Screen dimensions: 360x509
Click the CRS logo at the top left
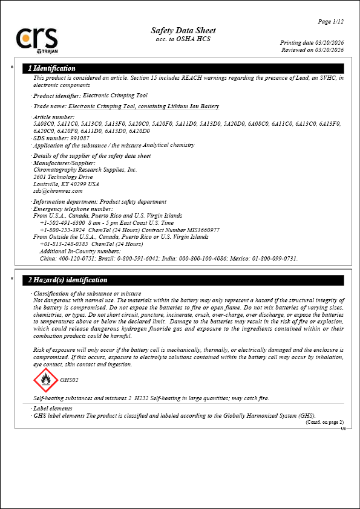coord(38,39)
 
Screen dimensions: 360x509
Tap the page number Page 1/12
coord(331,22)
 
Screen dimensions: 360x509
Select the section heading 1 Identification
coord(52,68)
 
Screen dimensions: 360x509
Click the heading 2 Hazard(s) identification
coord(68,280)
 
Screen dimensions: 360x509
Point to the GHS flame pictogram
coord(45,380)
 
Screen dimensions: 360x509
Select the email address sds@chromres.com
coord(57,191)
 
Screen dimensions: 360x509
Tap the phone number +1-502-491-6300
coord(63,223)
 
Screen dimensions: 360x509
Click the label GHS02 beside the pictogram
coord(70,380)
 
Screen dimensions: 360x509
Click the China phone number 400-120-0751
coord(77,258)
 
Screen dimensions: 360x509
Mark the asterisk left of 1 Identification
coord(12,68)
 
